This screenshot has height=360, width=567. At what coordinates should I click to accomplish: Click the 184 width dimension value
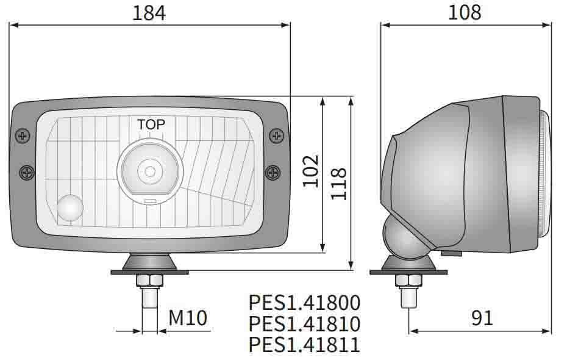pos(150,13)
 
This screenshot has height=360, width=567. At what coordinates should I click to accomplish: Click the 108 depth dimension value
pos(465,12)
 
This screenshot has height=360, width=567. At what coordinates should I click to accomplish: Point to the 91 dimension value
pos(482,317)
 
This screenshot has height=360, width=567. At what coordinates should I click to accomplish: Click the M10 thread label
pos(188,317)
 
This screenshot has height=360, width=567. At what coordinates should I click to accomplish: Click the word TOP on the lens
pos(151,124)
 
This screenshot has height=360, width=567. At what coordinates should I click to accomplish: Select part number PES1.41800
pos(304,303)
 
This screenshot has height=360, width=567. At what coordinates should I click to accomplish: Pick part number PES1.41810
pos(304,323)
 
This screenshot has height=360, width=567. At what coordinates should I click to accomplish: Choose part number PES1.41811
pos(304,345)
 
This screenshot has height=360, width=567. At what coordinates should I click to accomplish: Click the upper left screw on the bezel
pos(23,135)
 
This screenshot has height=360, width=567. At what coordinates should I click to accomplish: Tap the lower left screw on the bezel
pos(26,173)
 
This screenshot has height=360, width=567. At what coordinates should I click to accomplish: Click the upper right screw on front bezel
pos(276,135)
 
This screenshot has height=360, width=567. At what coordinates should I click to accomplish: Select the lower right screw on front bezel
pos(273,173)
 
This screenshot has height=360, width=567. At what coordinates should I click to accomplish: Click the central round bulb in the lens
pos(149,168)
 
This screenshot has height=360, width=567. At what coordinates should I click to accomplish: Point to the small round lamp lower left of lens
pos(72,208)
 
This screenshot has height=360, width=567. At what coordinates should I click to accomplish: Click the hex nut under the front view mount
pos(149,281)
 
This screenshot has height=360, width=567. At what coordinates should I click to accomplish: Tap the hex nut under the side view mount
pos(408,281)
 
